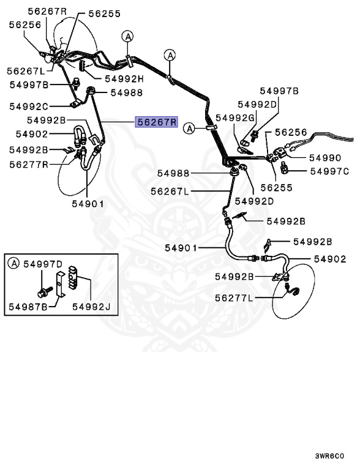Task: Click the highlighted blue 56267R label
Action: (x=156, y=122)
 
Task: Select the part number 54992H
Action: (x=124, y=78)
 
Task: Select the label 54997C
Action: (x=329, y=171)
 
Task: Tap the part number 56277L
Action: (x=236, y=298)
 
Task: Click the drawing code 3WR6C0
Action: (x=329, y=456)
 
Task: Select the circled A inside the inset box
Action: (x=13, y=264)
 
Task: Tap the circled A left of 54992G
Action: (x=190, y=129)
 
